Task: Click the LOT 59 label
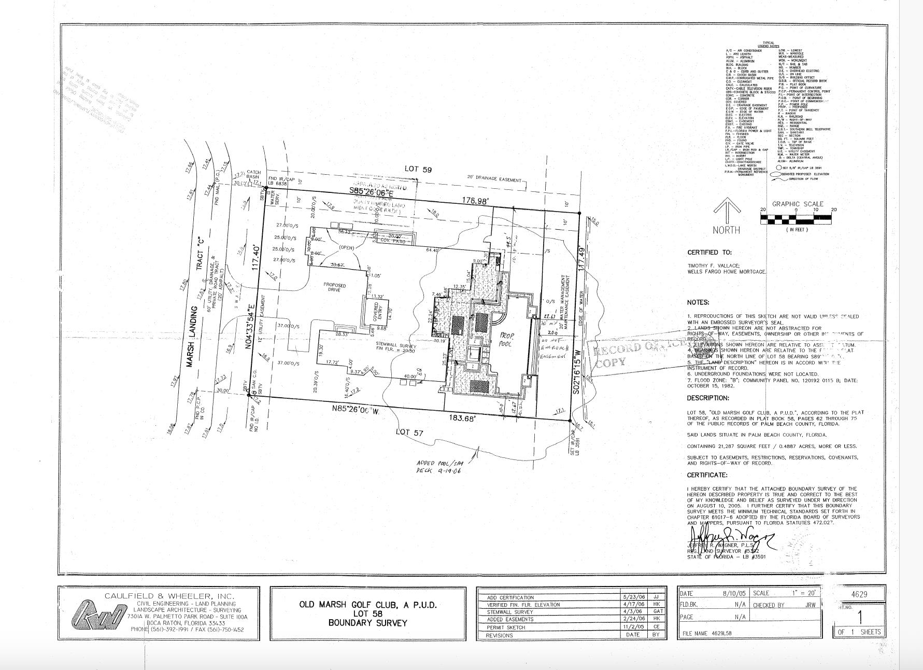(x=418, y=169)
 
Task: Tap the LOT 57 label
(x=409, y=432)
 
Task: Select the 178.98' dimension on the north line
(x=475, y=201)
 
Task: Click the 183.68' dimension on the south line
(x=461, y=418)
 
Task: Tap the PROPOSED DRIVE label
(x=334, y=288)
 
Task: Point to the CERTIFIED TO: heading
(x=709, y=253)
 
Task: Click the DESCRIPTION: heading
(x=708, y=398)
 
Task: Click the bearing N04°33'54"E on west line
(x=250, y=321)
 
